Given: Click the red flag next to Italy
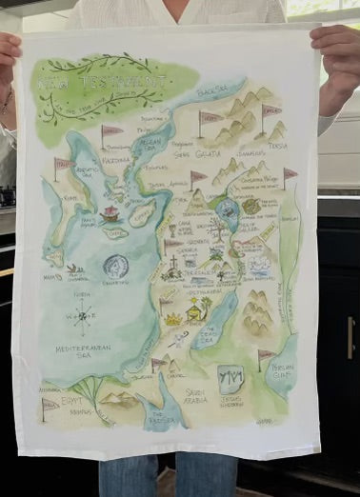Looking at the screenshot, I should [x=61, y=166].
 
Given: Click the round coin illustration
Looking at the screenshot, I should [x=115, y=267].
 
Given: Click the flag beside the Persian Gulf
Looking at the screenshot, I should [x=263, y=357].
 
